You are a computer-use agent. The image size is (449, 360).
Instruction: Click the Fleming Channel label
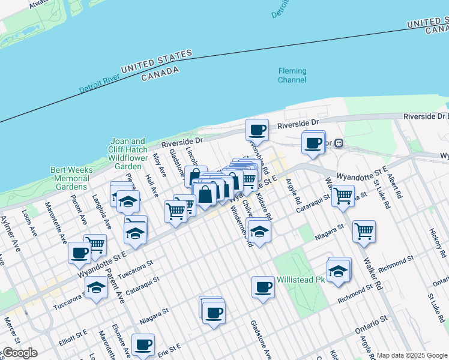[x=292, y=75]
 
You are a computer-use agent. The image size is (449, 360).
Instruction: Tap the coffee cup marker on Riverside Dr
[x=258, y=130]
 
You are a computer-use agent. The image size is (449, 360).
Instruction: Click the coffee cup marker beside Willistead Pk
[x=263, y=286]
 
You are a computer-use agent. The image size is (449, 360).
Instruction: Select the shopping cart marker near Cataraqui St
[x=343, y=195]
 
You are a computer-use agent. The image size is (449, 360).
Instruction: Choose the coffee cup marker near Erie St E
[x=143, y=344]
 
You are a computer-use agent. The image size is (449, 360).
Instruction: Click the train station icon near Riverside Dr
[x=339, y=143]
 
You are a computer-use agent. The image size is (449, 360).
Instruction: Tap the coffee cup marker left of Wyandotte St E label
[x=79, y=252]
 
